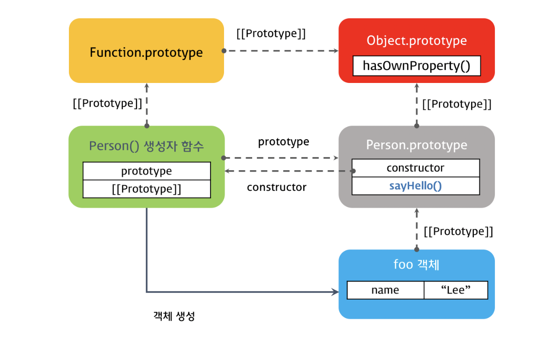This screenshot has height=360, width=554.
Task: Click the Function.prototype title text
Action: coord(146,52)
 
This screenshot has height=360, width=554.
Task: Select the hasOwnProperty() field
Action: coord(416,66)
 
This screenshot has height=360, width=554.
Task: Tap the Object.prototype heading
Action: coord(416,40)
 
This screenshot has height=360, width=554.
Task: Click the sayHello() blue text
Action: coord(415,186)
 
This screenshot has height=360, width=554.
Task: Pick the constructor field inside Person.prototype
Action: coord(415,168)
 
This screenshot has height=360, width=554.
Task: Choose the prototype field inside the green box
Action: coord(146,171)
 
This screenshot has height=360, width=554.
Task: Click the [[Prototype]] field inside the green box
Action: coord(146,189)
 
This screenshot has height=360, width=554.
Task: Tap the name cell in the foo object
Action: coord(385,290)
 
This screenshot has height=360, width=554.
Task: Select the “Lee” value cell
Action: coord(456,290)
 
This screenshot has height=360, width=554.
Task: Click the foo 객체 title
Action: coord(416,265)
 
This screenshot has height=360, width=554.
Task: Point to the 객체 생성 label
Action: coord(174,316)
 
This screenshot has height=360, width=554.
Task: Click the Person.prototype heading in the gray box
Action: coord(416,145)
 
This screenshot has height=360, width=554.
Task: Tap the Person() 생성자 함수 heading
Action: coord(146,146)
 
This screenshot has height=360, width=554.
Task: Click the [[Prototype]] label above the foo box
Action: coord(458,231)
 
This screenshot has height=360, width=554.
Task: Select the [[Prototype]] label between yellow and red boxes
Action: coord(271,34)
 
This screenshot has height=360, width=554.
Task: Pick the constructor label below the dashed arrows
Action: coord(277,187)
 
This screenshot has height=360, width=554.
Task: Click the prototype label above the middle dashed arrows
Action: coord(284,142)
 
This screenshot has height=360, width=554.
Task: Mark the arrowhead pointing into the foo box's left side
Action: coord(336,292)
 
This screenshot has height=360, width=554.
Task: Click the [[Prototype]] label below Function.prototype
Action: coord(107,103)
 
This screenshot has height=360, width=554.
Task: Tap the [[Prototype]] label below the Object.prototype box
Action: coord(457,104)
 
